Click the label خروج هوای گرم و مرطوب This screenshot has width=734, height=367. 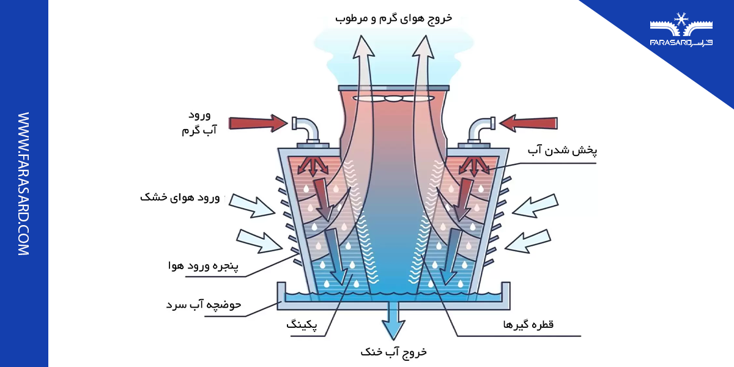coord(394,18)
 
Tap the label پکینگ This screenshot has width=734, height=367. coord(302,324)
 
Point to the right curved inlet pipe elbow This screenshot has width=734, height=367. coord(481,128)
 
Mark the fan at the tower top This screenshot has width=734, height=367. coord(394,97)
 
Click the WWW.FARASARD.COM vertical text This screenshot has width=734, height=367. coord(24,183)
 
